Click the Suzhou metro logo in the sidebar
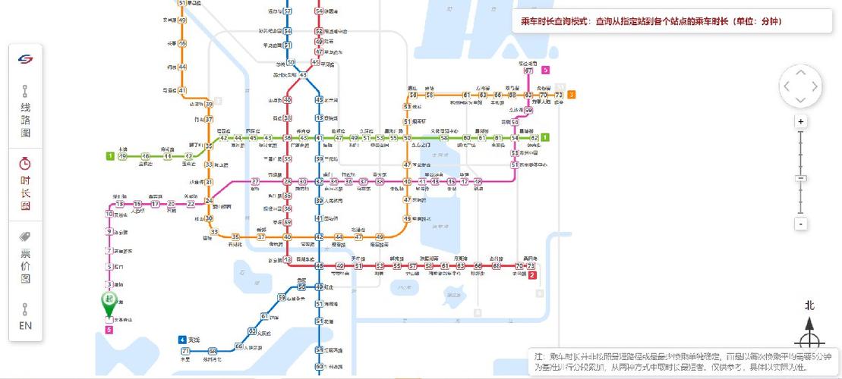(25, 59)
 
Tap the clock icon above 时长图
(25, 164)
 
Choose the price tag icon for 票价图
(25, 237)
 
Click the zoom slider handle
(800, 178)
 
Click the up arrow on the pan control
(800, 73)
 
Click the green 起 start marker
(109, 301)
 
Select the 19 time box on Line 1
(122, 156)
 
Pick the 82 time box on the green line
(534, 137)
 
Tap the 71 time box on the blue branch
(185, 351)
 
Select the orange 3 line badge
(571, 95)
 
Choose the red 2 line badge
(532, 274)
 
